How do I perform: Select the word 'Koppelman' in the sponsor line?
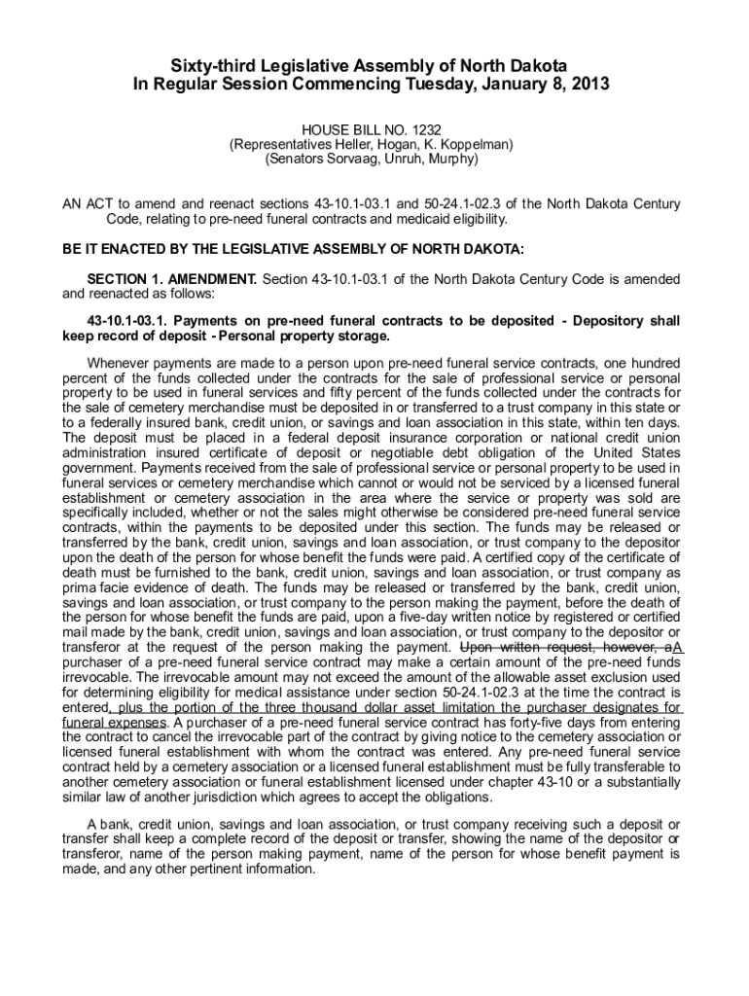pos(479,143)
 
